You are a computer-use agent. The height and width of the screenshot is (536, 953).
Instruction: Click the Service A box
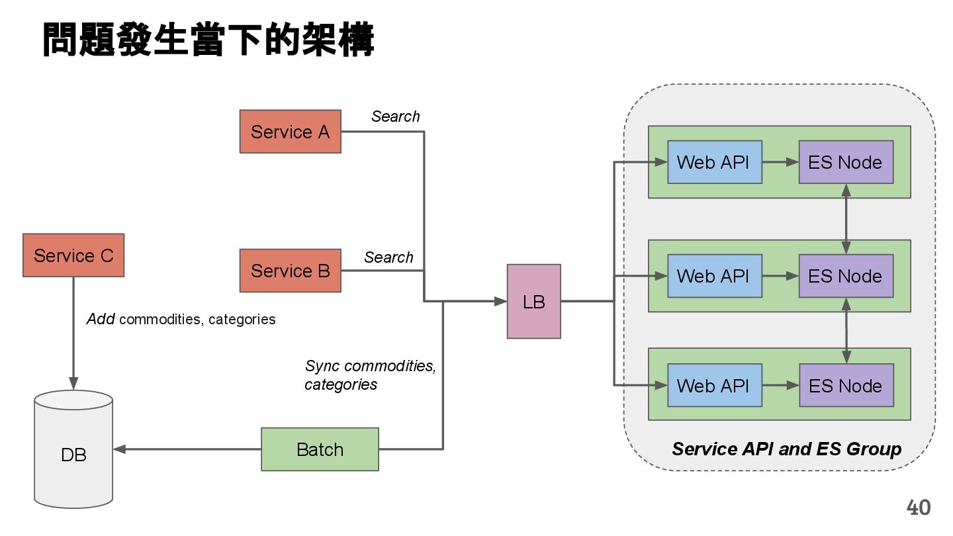290,132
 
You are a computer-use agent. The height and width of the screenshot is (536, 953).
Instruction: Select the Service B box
290,271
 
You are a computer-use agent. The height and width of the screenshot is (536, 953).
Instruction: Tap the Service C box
73,255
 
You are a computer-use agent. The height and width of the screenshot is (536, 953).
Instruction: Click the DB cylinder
73,450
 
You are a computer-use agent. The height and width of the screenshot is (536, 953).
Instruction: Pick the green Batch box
320,449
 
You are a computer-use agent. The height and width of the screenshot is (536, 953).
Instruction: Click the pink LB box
533,302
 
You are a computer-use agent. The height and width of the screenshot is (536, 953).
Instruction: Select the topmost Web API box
714,162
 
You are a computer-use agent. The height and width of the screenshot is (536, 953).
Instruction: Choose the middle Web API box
714,276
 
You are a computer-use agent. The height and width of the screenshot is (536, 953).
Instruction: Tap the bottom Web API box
714,385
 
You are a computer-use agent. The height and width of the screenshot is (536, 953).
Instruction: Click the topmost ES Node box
845,162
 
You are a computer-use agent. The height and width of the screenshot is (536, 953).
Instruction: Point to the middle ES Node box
845,276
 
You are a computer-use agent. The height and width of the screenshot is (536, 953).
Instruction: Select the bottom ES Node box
845,385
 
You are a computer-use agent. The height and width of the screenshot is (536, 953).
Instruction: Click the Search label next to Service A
395,116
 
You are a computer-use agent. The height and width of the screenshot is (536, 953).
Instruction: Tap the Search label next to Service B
388,257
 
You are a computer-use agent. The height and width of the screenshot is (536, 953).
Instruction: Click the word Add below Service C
101,319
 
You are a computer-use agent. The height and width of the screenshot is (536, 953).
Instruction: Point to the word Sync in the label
322,366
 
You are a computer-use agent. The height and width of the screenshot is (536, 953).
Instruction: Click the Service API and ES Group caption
786,449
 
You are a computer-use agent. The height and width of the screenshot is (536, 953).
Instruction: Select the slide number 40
918,508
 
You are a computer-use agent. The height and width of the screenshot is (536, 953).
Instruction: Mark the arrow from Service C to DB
73,331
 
